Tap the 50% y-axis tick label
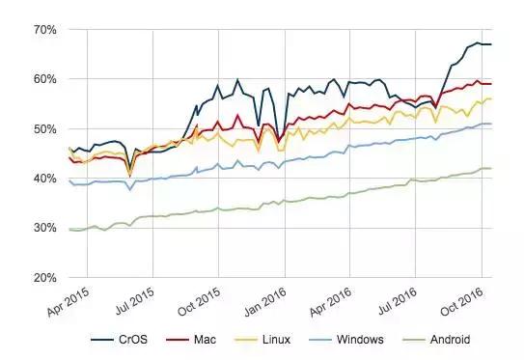pyautogui.click(x=44, y=128)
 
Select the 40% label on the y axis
pyautogui.click(x=44, y=179)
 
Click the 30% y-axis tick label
pyautogui.click(x=44, y=228)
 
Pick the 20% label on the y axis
pyautogui.click(x=44, y=278)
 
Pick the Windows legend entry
pyautogui.click(x=361, y=340)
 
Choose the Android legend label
pyautogui.click(x=451, y=340)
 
